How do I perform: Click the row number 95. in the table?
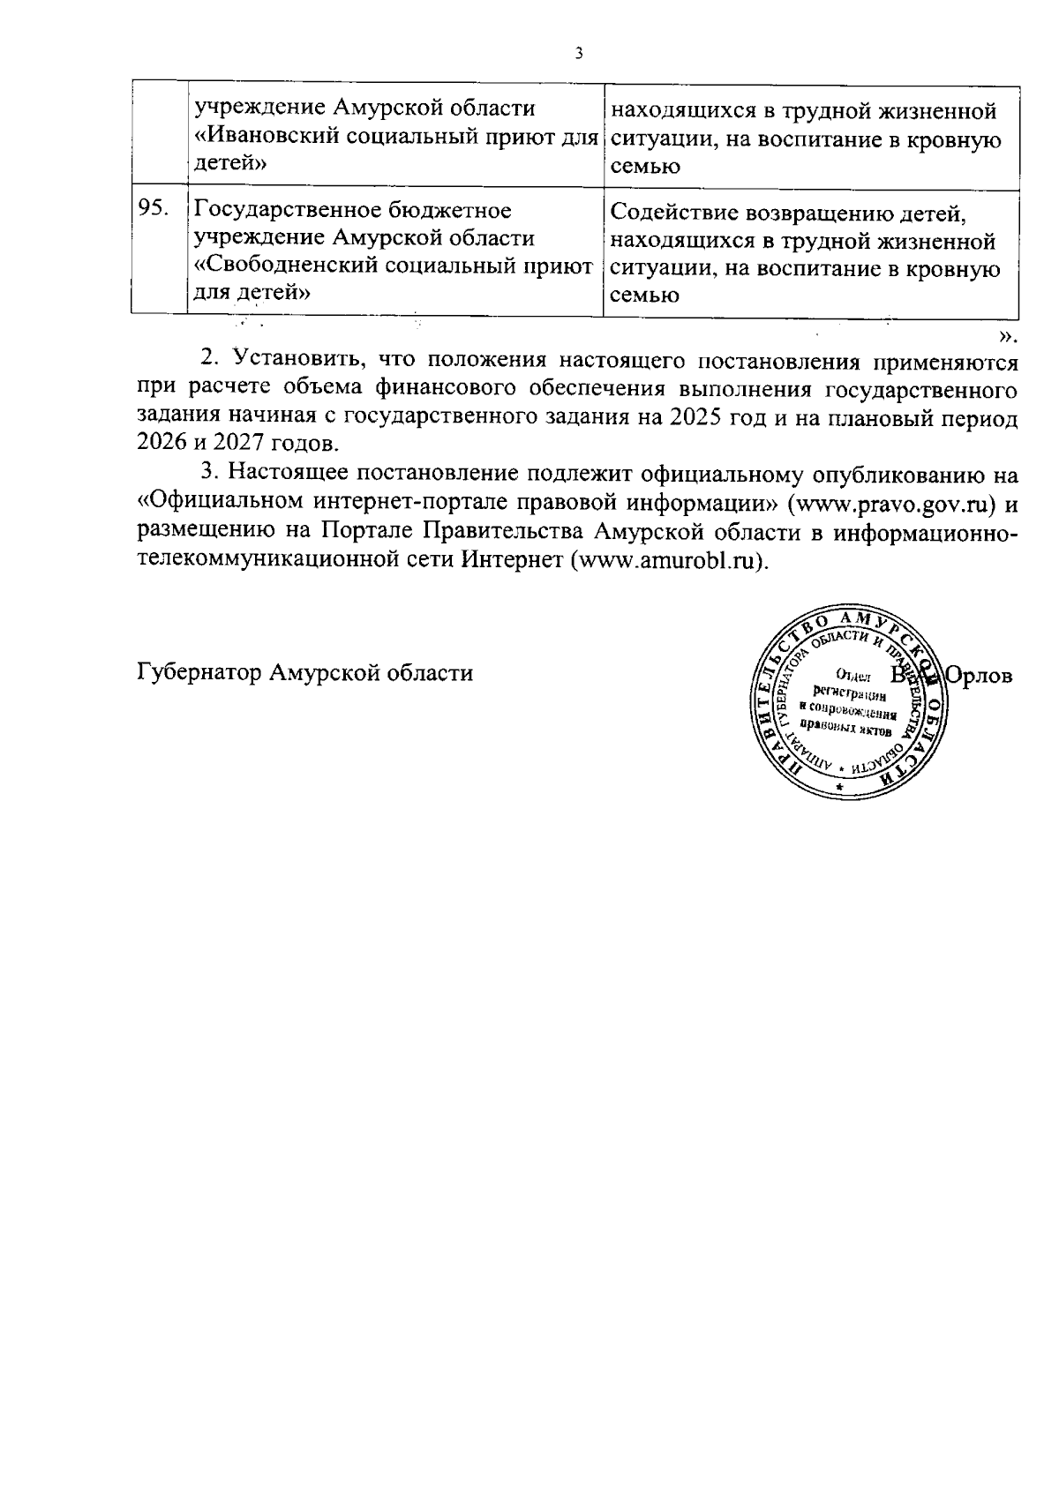pyautogui.click(x=153, y=210)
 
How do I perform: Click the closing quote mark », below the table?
pyautogui.click(x=1009, y=335)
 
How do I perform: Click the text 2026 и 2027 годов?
pyautogui.click(x=237, y=443)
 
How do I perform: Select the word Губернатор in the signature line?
pyautogui.click(x=200, y=673)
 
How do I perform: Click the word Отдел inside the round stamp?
pyautogui.click(x=852, y=678)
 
